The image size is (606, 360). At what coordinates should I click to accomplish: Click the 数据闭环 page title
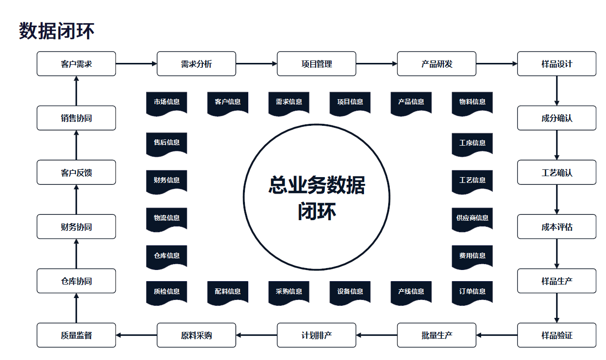(x=57, y=31)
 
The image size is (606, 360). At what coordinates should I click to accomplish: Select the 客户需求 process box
(x=76, y=64)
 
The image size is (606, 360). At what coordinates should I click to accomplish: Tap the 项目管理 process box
(x=317, y=64)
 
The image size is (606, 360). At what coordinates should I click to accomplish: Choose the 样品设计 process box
(x=557, y=64)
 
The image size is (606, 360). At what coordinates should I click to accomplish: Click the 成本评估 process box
(x=557, y=227)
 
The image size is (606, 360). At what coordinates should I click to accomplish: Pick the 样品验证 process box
(x=557, y=335)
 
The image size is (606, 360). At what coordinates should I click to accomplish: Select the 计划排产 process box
(x=317, y=335)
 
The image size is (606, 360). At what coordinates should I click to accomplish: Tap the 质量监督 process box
(x=76, y=335)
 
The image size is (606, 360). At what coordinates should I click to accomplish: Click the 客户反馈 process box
(x=76, y=173)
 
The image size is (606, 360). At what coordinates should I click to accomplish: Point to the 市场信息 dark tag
(x=167, y=102)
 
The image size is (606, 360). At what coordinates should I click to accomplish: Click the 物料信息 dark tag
(x=472, y=102)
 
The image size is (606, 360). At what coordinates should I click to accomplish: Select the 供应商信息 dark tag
(x=472, y=218)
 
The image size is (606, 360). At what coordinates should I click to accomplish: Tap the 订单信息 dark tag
(x=472, y=291)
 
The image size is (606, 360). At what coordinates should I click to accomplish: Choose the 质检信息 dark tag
(x=167, y=291)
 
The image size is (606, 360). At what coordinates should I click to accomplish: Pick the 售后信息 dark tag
(x=167, y=143)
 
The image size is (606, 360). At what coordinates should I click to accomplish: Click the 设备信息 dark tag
(x=350, y=291)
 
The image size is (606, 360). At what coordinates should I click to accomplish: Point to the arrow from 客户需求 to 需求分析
(x=136, y=63)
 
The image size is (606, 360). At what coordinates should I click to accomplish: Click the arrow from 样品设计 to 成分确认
(x=557, y=90)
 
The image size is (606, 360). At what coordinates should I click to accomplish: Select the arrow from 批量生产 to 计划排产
(x=377, y=335)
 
